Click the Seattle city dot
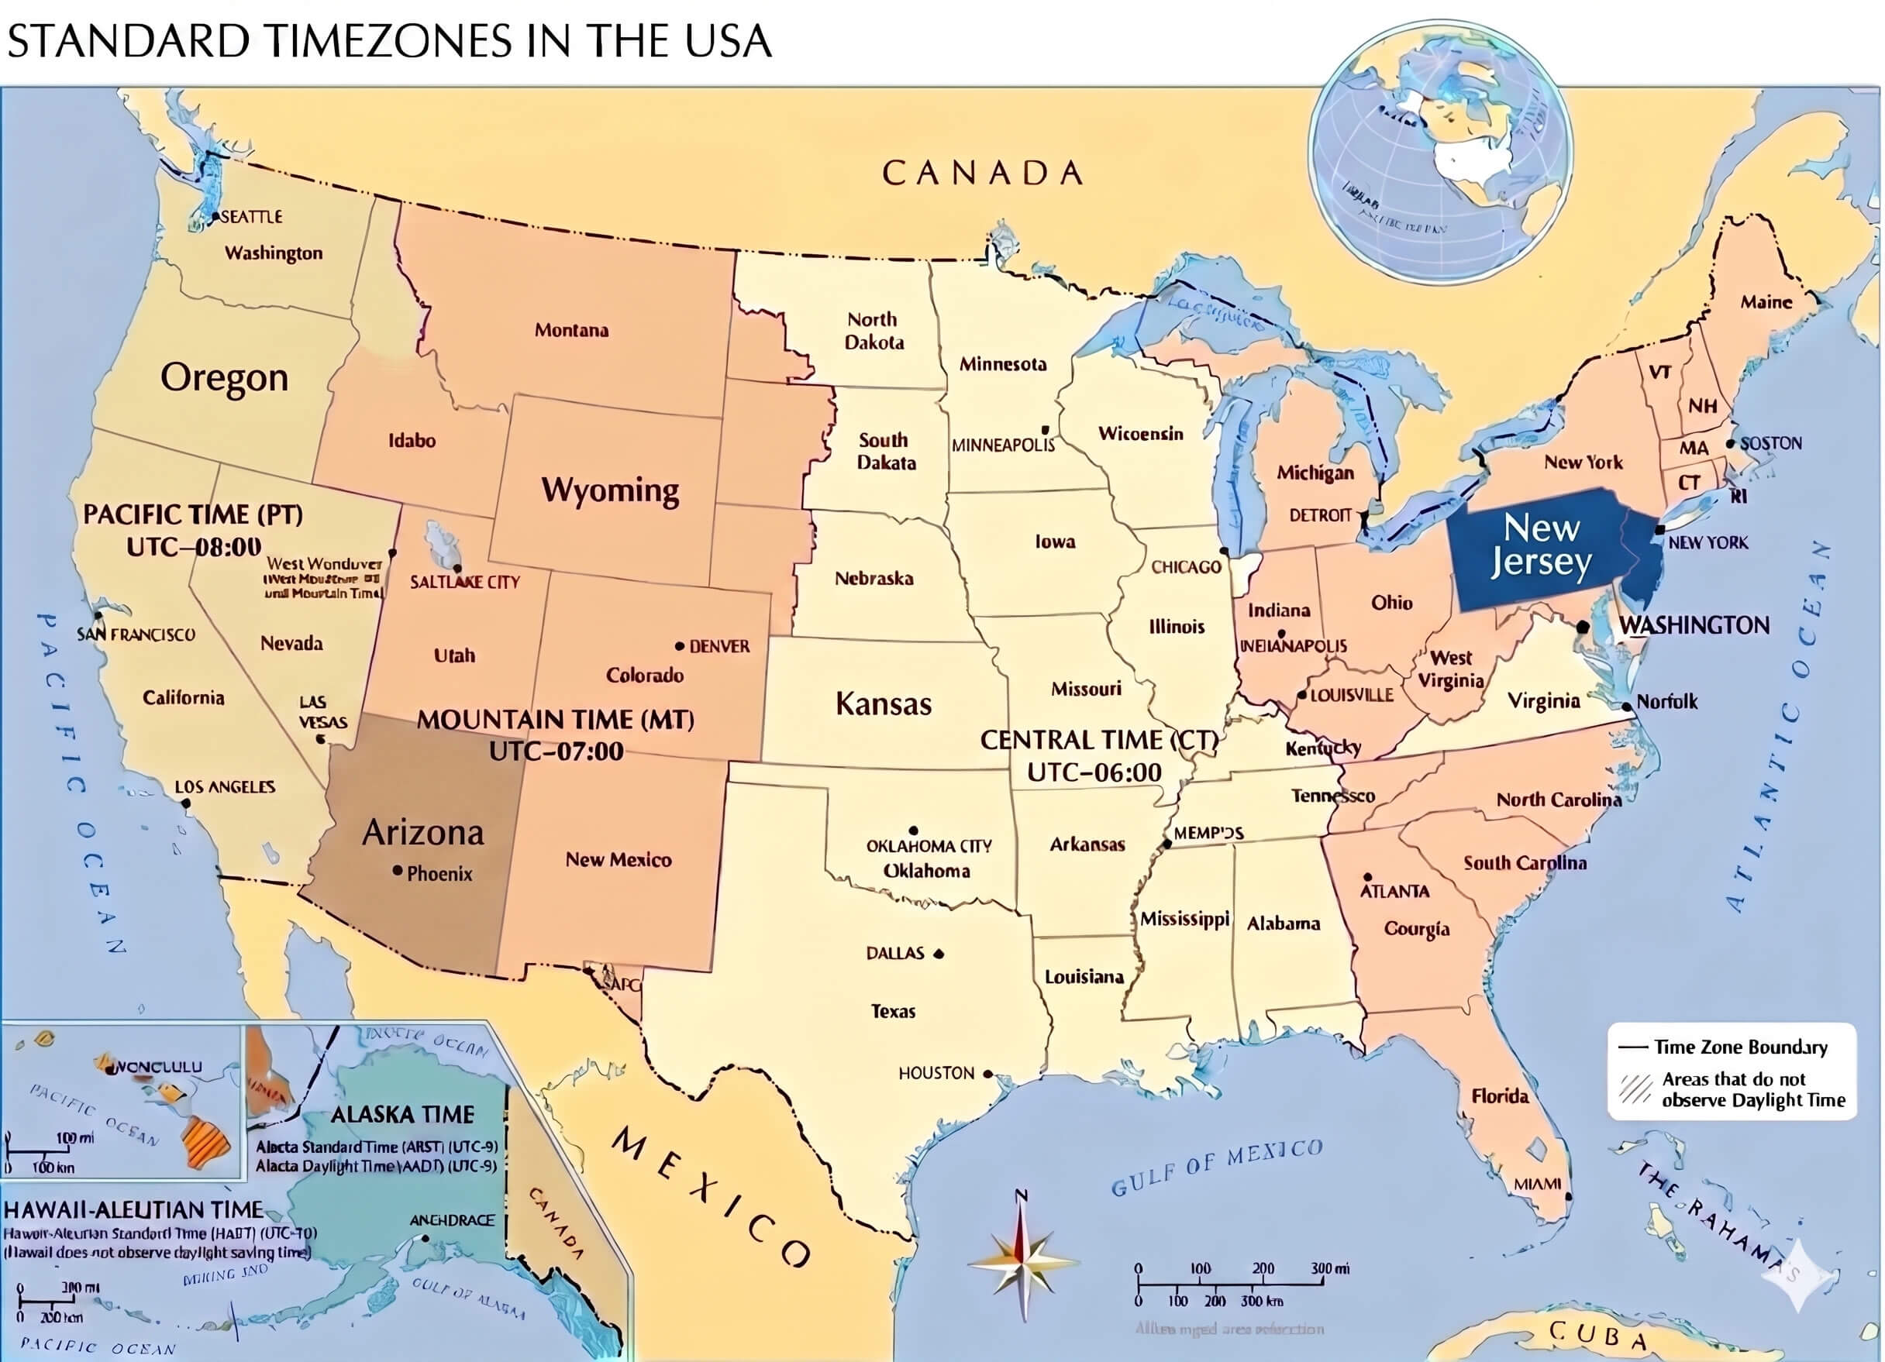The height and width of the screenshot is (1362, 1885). tap(215, 217)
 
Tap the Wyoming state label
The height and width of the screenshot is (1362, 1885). tap(609, 490)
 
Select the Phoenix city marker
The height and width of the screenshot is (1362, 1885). tap(398, 871)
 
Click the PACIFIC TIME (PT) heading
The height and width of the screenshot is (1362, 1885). tap(192, 514)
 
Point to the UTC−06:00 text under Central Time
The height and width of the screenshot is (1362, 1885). tap(1094, 772)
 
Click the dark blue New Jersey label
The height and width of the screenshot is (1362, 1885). tap(1540, 545)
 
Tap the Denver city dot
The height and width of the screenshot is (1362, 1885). tap(680, 645)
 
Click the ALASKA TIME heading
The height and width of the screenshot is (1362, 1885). tap(402, 1114)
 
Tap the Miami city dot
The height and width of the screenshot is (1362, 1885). tap(1567, 1197)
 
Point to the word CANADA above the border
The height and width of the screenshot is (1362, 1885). tap(982, 173)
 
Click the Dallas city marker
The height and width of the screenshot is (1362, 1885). tap(939, 954)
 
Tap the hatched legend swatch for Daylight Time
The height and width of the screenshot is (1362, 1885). tap(1635, 1089)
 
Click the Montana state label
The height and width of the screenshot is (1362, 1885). tap(571, 330)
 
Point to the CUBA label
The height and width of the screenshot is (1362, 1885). tap(1597, 1335)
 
